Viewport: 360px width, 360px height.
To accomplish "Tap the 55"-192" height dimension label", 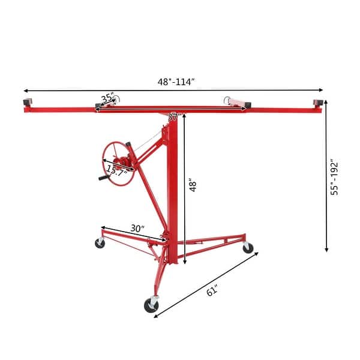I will coord(335,177).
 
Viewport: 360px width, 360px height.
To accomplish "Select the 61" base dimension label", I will coord(212,291).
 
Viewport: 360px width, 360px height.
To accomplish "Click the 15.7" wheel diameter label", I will coord(116,170).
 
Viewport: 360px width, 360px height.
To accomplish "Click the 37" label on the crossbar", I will coord(173,117).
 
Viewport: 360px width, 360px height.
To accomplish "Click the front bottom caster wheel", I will coord(151,305).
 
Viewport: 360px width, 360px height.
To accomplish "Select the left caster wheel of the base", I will coord(99,243).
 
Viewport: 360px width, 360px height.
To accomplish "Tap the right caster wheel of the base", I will coord(247,247).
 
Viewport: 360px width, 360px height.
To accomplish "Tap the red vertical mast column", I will coord(173,192).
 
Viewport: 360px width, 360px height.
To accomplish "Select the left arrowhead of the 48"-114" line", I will coord(25,91).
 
